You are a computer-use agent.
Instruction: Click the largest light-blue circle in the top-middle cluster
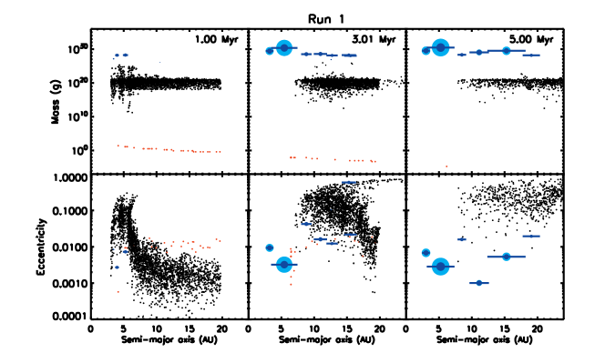(284, 47)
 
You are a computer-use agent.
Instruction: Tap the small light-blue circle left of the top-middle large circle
(270, 51)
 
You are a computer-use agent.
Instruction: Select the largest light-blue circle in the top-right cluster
(441, 47)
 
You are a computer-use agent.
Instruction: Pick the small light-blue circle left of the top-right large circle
(426, 51)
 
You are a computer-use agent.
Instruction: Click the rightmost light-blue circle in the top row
(507, 51)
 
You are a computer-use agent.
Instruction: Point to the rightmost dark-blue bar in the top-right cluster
(531, 55)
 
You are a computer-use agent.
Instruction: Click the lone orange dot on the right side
(446, 166)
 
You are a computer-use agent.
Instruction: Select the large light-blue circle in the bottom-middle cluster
(284, 265)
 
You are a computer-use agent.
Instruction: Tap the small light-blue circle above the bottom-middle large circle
(270, 247)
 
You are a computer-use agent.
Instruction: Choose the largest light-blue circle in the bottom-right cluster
(441, 266)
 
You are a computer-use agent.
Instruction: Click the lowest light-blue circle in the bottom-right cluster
(479, 283)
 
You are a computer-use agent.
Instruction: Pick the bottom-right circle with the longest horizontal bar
(507, 257)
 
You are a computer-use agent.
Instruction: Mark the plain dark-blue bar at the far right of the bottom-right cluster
(531, 237)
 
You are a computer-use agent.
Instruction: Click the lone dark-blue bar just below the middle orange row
(349, 182)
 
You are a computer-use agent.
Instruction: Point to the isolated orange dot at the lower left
(118, 292)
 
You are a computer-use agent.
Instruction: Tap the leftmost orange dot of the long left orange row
(118, 146)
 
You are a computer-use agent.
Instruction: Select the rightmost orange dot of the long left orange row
(220, 152)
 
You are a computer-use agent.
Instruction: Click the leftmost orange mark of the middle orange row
(292, 157)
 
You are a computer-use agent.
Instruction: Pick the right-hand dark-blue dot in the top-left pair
(125, 55)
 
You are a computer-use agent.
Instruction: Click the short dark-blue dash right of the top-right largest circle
(462, 55)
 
